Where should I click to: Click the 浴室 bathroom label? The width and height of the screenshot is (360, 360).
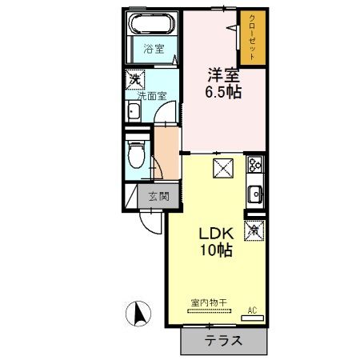click(x=153, y=50)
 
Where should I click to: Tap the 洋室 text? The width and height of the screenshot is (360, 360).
click(x=224, y=74)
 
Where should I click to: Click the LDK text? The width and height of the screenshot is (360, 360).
click(x=216, y=234)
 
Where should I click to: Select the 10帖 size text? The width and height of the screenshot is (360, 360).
click(x=216, y=251)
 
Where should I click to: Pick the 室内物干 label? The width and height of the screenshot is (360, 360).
click(x=209, y=302)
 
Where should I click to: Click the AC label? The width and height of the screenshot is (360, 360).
click(x=251, y=309)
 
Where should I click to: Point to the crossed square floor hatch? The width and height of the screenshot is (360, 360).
click(x=222, y=167)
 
